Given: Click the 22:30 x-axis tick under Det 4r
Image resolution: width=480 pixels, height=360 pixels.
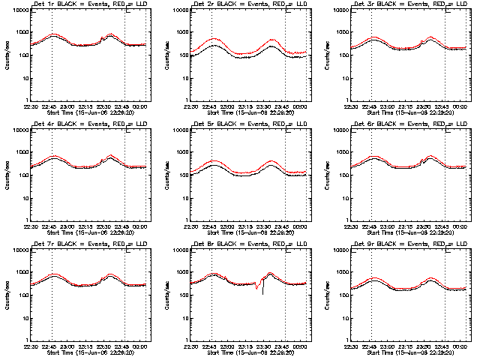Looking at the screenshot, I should coord(31,226).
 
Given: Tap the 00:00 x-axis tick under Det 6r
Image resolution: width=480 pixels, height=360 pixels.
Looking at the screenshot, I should coord(461,226).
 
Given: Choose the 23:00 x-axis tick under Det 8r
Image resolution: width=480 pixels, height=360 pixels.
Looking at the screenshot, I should coord(229,346).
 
